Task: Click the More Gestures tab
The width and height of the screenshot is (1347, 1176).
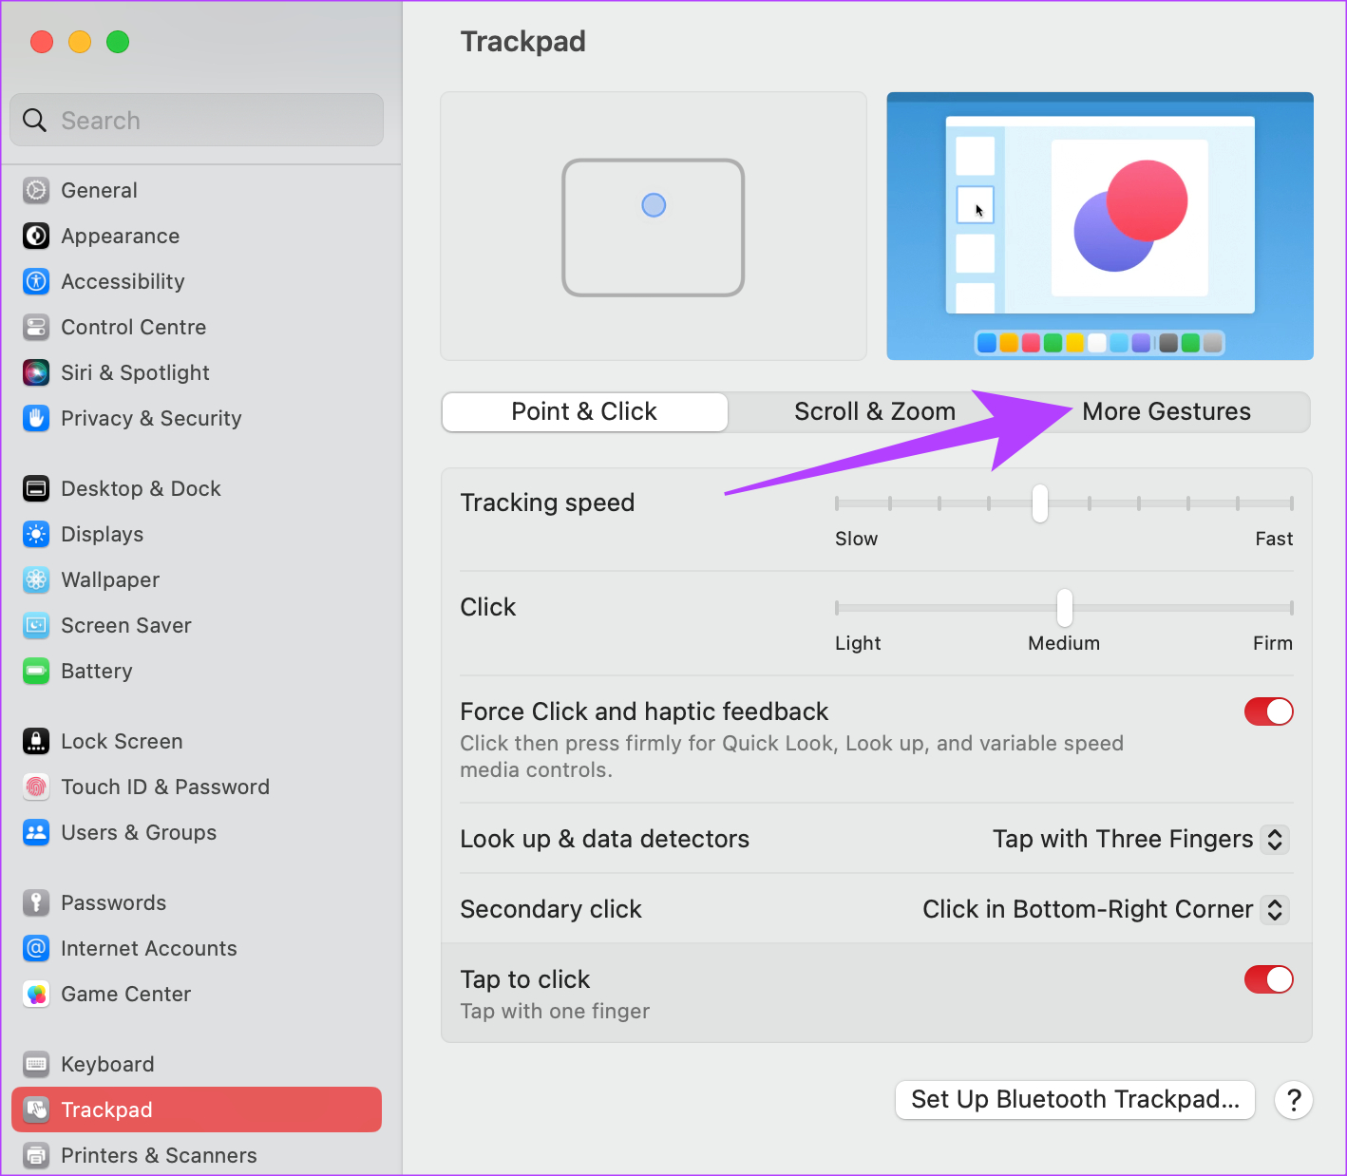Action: [x=1166, y=411]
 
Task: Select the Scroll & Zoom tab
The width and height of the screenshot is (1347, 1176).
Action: [x=874, y=411]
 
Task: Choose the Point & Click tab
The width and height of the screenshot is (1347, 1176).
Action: [x=584, y=411]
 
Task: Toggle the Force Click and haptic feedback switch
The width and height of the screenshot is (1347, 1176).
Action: [x=1268, y=711]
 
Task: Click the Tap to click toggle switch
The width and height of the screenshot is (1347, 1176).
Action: [x=1268, y=979]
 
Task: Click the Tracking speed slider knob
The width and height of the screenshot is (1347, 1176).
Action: [x=1040, y=503]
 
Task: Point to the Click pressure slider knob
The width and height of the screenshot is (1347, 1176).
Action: [x=1065, y=608]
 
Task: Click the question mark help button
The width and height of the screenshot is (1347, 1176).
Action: [x=1293, y=1100]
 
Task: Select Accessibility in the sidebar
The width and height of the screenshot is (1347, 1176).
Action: [x=123, y=281]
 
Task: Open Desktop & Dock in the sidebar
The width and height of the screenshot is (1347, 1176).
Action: [x=141, y=488]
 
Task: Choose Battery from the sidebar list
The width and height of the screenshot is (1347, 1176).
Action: [x=96, y=671]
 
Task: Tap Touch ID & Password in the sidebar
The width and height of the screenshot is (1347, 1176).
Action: [x=164, y=787]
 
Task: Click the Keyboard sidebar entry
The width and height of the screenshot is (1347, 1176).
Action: [x=106, y=1064]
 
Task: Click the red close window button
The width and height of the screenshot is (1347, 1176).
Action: [x=42, y=42]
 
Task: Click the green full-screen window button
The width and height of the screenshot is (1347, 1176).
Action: [x=118, y=42]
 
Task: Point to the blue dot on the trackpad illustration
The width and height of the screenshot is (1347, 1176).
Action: [x=654, y=205]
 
